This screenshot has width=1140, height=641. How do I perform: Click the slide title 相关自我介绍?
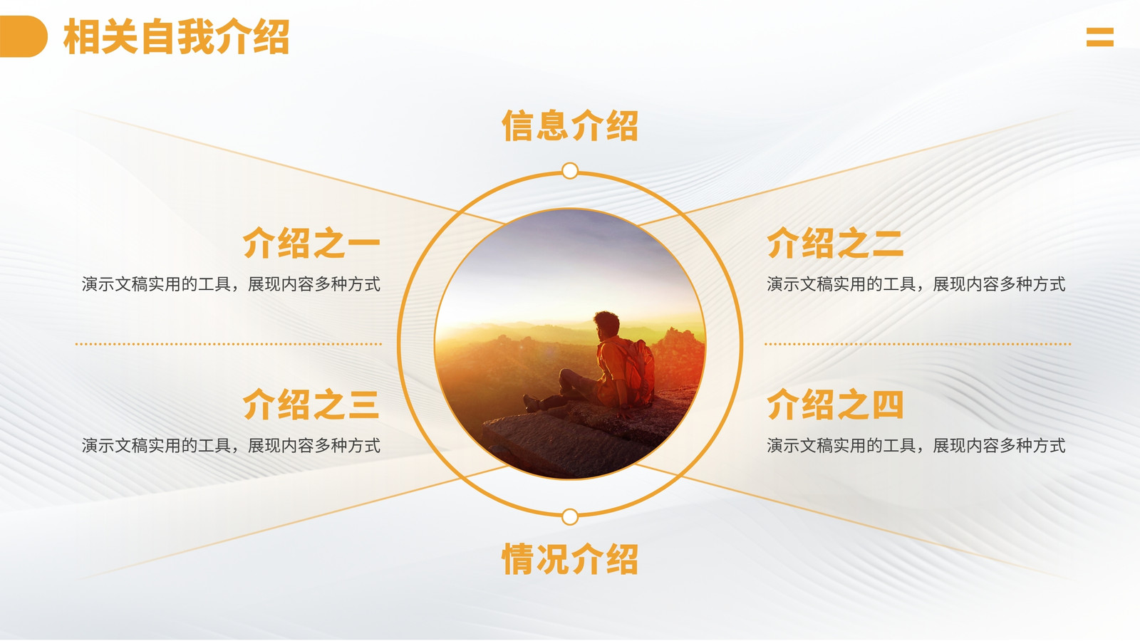(x=176, y=36)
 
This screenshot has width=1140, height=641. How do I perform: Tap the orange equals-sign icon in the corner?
(x=1100, y=37)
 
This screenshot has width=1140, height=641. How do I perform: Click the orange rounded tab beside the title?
(x=24, y=36)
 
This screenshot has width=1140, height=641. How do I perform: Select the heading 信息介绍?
(x=570, y=125)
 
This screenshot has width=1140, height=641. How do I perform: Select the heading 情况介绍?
(x=570, y=558)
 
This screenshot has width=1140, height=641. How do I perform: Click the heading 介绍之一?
(x=311, y=243)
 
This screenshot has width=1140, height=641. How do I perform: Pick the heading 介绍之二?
(x=835, y=243)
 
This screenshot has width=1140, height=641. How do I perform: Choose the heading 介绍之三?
(x=311, y=405)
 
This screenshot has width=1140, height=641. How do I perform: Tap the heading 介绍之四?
(x=835, y=405)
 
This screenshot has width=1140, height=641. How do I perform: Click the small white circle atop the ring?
(x=570, y=171)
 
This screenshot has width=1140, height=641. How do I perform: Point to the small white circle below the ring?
(x=570, y=517)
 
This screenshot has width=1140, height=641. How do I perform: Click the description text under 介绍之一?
(x=231, y=284)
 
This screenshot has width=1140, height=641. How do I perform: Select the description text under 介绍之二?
(x=916, y=284)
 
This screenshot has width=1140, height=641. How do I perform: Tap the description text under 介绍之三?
(x=231, y=446)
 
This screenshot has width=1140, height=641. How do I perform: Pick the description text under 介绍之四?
(x=916, y=446)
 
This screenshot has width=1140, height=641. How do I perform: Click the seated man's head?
(x=606, y=325)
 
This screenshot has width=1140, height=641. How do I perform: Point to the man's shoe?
(x=532, y=403)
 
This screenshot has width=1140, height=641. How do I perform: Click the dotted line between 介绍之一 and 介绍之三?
(x=229, y=344)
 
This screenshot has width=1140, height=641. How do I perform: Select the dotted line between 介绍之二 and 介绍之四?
(x=918, y=344)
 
